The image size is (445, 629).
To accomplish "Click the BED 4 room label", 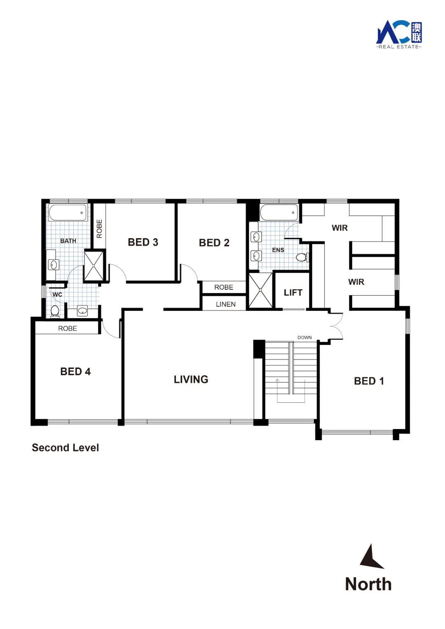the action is (x=75, y=371).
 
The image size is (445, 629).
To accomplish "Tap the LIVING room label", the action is (x=191, y=379).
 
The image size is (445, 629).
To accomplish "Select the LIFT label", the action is (x=293, y=293).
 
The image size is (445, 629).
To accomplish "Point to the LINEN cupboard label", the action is (x=226, y=304).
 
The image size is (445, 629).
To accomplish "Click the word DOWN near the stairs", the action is (x=304, y=337).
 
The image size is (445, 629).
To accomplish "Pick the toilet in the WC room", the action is (x=54, y=312).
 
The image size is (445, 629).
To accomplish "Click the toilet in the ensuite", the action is (x=303, y=257).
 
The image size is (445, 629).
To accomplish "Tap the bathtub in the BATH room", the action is (x=68, y=213).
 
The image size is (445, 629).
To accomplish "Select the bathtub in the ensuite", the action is (x=279, y=213).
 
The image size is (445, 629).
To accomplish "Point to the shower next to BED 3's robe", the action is (x=94, y=265).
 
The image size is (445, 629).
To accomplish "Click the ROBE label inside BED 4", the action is (x=68, y=328).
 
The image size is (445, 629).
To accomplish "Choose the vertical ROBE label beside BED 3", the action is (x=99, y=229).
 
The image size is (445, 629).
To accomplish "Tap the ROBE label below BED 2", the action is (x=223, y=287).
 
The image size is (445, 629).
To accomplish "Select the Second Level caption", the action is (x=66, y=448).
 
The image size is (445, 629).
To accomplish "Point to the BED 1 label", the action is (x=369, y=381).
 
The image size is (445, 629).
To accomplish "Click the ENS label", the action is (x=278, y=250).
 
